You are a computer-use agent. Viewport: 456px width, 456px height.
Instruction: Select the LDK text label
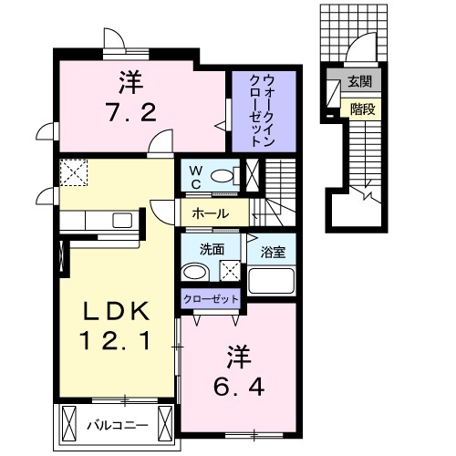point(115,311)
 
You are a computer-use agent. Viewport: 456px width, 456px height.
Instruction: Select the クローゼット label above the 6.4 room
point(212,298)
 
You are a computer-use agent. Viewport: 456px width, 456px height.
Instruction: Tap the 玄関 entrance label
point(358,83)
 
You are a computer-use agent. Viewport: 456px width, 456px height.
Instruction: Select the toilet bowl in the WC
point(221,175)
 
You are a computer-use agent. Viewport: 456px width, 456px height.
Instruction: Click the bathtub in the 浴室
point(273,280)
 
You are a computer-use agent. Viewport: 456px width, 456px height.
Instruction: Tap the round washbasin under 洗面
point(192,272)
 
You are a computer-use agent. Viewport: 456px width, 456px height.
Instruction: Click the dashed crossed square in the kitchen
point(72,172)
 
